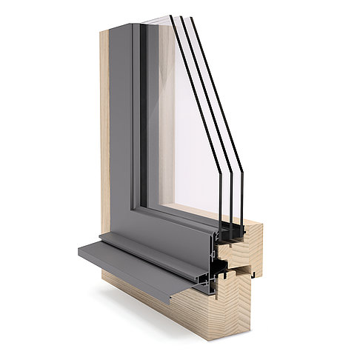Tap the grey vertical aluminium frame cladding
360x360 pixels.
pos(122,133)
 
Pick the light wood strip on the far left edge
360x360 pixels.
pos(104,148)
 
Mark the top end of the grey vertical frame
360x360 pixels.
pos(122,28)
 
